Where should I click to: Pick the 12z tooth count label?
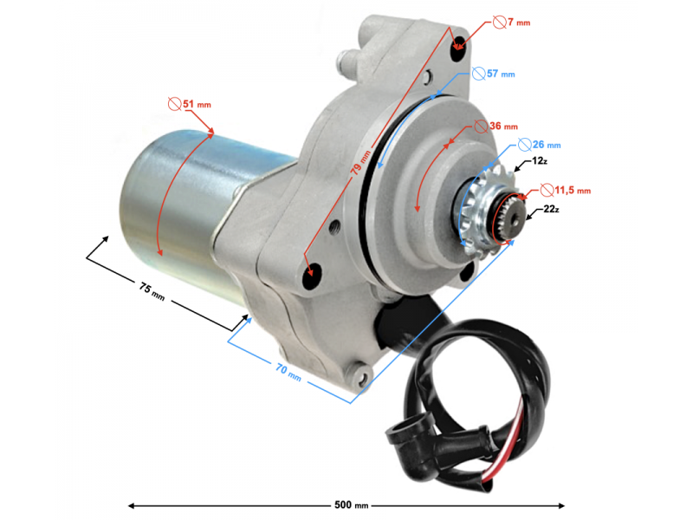[x=540, y=161]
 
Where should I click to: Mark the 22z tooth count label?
[x=551, y=209]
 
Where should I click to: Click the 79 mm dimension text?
[x=361, y=163]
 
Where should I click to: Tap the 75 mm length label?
[x=152, y=292]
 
